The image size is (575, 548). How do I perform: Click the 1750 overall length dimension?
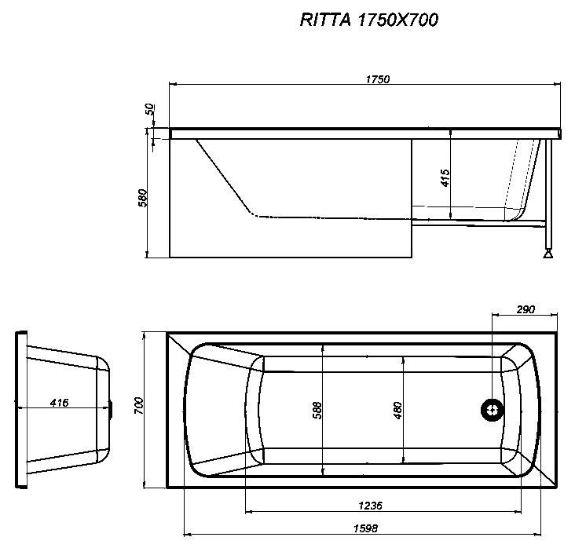(x=377, y=79)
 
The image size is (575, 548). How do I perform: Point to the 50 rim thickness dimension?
(x=149, y=111)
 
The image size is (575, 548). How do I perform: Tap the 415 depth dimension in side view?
(x=445, y=178)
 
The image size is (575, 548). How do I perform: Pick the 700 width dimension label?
(x=138, y=407)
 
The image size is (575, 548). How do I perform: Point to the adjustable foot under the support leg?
(x=548, y=253)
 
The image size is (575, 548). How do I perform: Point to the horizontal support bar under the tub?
(x=479, y=225)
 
